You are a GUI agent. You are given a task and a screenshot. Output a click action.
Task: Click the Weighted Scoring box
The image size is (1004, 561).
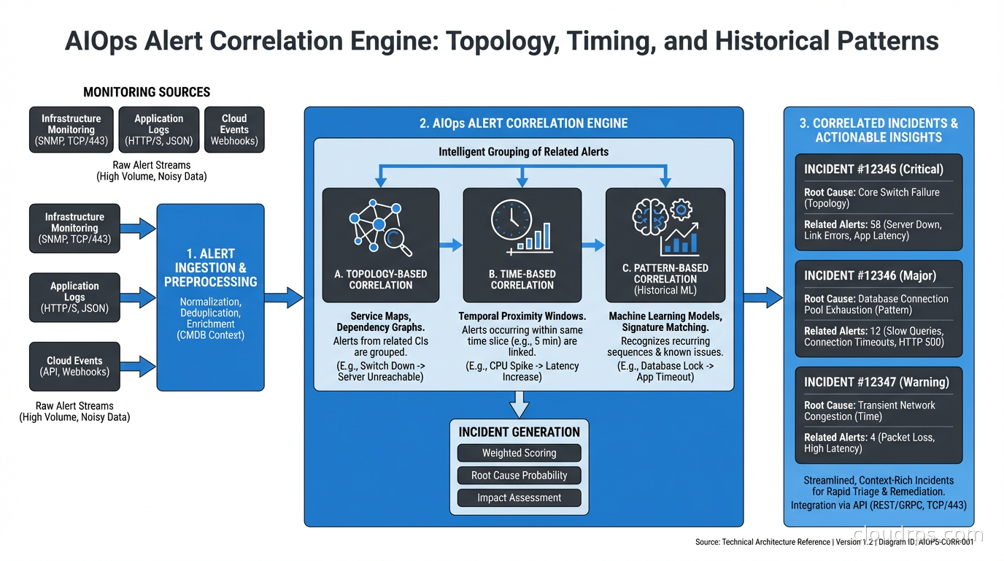point(519,453)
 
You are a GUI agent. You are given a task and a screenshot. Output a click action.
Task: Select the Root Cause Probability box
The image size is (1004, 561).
point(519,476)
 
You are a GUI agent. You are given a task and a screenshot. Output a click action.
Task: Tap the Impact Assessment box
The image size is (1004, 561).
point(519,498)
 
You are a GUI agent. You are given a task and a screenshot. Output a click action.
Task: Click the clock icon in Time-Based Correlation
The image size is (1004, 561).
point(511,218)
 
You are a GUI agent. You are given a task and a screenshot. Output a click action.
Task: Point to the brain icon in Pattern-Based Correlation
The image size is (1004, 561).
point(650,217)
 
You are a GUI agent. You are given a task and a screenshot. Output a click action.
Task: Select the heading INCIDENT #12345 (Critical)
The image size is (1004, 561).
point(873,169)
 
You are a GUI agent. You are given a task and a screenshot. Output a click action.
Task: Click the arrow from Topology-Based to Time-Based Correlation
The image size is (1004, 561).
point(451,245)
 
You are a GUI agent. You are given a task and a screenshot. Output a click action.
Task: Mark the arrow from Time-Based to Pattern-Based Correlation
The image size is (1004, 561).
point(593,245)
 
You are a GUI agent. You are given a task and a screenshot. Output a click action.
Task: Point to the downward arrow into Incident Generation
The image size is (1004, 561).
point(519,404)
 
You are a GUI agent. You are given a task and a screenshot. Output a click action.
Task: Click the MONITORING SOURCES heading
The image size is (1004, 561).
point(147,92)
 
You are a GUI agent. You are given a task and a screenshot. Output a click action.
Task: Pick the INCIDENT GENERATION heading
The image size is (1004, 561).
point(519,432)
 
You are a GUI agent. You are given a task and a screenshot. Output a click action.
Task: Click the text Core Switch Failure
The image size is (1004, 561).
point(898,192)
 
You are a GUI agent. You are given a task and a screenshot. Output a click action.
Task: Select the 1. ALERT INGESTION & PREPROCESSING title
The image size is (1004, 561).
point(210,267)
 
